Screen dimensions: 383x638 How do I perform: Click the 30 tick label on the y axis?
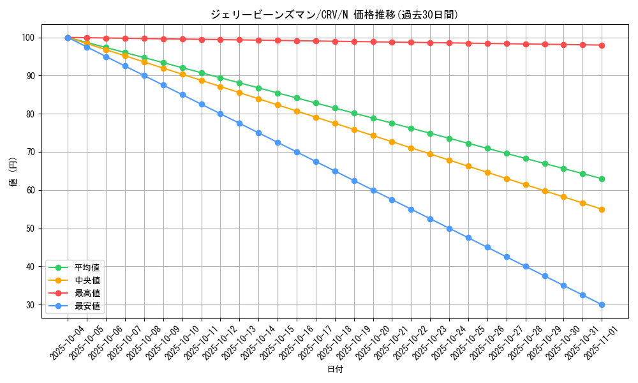[x=29, y=305]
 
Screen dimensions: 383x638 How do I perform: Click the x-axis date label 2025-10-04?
[x=68, y=343]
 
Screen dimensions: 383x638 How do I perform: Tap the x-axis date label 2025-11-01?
[x=602, y=343]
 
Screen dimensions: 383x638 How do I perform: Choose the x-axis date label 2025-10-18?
[x=335, y=343]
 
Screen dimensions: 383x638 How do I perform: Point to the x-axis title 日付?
[x=335, y=370]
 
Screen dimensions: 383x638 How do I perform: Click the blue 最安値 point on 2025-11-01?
[x=602, y=305]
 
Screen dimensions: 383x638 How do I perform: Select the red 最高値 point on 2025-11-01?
[x=602, y=45]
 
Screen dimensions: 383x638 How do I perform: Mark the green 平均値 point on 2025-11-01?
[x=602, y=179]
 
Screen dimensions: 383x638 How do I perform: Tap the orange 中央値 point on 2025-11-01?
[x=602, y=209]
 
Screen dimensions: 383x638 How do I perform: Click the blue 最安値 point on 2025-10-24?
[x=449, y=229]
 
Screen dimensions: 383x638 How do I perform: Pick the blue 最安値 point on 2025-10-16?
[x=297, y=152]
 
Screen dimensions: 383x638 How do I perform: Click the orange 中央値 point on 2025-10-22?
[x=411, y=148]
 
